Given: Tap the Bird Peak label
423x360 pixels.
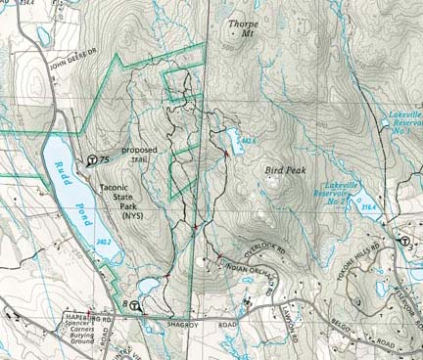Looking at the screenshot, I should tap(283, 169).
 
